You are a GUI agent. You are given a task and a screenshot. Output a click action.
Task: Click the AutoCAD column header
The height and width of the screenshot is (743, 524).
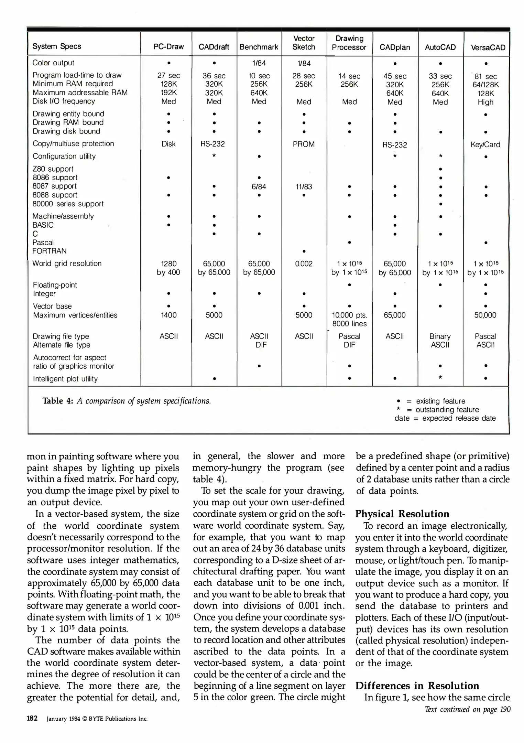click(x=440, y=47)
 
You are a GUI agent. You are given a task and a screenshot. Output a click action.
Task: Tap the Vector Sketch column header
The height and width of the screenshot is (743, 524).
click(x=304, y=43)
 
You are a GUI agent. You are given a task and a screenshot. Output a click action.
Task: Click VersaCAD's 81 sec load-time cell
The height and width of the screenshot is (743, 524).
click(x=485, y=76)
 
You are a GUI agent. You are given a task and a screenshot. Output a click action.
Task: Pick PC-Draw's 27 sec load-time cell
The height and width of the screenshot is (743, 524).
click(x=168, y=76)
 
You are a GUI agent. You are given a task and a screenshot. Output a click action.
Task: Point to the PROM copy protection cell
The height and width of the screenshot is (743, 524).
click(x=304, y=144)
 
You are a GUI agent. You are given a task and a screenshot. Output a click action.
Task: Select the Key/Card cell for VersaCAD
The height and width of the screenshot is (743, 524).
click(x=485, y=144)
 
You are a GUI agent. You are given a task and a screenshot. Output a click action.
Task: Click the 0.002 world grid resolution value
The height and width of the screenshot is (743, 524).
click(x=304, y=264)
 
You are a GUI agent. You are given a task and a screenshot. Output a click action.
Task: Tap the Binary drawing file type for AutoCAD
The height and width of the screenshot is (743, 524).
click(x=440, y=336)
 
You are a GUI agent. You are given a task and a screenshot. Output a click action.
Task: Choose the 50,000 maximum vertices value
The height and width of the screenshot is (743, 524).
click(x=485, y=315)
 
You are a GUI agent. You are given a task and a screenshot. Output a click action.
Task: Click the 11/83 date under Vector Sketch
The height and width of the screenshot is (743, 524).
click(x=304, y=187)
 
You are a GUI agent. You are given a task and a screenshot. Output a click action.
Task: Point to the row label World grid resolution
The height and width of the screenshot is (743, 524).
click(x=67, y=263)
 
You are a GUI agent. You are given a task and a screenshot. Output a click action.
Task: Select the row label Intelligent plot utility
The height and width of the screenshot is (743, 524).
click(x=65, y=379)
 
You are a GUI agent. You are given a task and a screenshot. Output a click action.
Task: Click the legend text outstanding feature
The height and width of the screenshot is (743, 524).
click(x=447, y=410)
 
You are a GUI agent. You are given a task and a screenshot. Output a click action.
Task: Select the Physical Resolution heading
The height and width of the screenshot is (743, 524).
click(x=402, y=514)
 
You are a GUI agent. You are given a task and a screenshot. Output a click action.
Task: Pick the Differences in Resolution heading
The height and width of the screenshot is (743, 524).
click(x=417, y=686)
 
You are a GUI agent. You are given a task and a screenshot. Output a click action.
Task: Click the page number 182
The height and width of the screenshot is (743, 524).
click(x=32, y=718)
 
